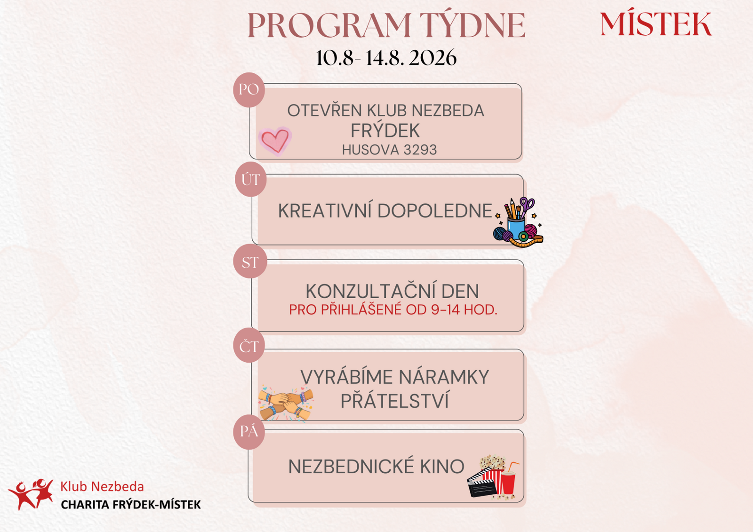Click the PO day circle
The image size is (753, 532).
click(x=249, y=90)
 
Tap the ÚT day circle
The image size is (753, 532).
click(x=250, y=180)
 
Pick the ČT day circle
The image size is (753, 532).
click(x=249, y=345)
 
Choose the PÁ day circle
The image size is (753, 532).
click(x=249, y=432)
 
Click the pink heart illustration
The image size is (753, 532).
click(x=275, y=141)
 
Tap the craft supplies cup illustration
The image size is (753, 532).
click(x=518, y=222)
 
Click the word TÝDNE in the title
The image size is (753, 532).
click(x=473, y=25)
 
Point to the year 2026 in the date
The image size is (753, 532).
click(x=433, y=58)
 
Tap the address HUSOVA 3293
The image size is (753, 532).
click(x=389, y=150)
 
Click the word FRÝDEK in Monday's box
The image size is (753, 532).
click(x=385, y=130)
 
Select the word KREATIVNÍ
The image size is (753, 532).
click(x=325, y=211)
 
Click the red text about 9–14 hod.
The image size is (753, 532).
click(x=393, y=310)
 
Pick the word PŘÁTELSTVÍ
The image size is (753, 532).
click(x=395, y=400)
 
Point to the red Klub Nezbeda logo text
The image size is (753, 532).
click(x=102, y=487)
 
